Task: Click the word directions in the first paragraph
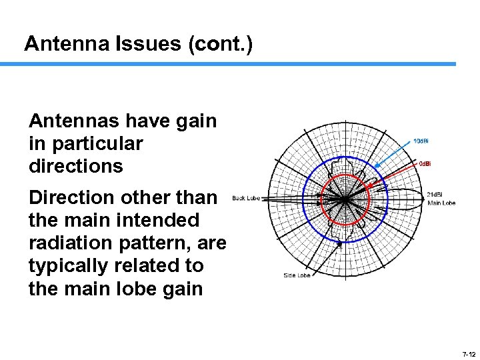76,166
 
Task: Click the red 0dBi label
424,163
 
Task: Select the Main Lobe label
441,203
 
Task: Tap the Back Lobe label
245,198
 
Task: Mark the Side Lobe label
296,275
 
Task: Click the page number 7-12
467,354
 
